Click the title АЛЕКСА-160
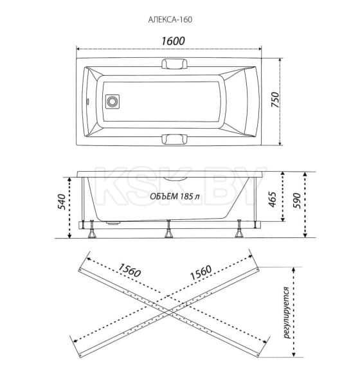coord(170,19)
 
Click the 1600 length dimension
coord(173,41)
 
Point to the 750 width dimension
coord(275,100)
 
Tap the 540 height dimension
coord(61,201)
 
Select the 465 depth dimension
coord(273,199)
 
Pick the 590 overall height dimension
coord(297,201)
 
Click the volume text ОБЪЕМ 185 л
coord(174,197)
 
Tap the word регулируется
coord(287,313)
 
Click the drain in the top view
coord(113,102)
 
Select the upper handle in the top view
coord(174,64)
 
